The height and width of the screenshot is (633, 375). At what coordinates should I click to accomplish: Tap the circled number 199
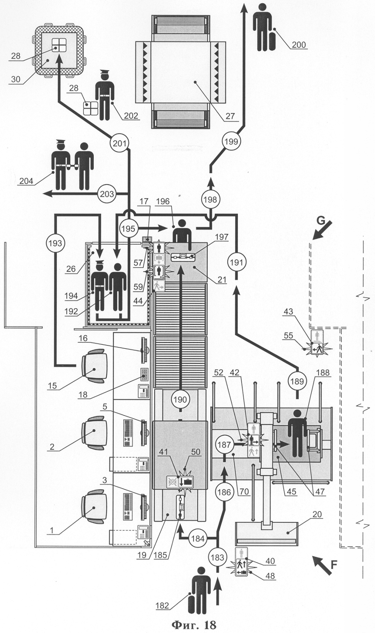point(232,141)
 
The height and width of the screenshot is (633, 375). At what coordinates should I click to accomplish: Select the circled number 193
point(55,243)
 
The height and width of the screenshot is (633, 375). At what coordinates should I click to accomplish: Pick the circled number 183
point(217,557)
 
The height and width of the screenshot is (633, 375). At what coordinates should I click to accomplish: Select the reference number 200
point(299,45)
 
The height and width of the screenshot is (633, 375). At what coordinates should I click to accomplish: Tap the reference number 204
point(27,181)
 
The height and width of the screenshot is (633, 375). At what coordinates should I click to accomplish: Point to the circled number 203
point(106,194)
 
